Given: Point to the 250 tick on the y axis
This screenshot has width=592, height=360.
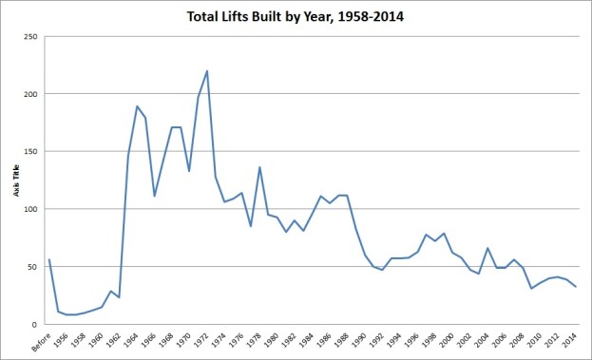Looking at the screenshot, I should pyautogui.click(x=31, y=36).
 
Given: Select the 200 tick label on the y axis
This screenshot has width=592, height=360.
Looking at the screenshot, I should pyautogui.click(x=31, y=94).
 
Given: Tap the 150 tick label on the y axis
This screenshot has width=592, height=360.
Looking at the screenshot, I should pyautogui.click(x=31, y=151).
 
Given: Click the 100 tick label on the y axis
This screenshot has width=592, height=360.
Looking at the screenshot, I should pyautogui.click(x=31, y=209).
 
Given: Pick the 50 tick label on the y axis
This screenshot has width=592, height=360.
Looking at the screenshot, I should pyautogui.click(x=33, y=266).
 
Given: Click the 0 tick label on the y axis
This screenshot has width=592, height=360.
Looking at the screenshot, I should pyautogui.click(x=36, y=324).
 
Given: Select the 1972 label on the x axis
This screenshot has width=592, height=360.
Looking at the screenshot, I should pyautogui.click(x=204, y=339).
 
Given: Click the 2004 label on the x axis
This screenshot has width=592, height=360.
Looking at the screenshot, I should pyautogui.click(x=487, y=339).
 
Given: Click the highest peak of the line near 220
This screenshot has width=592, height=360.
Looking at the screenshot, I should pyautogui.click(x=207, y=71).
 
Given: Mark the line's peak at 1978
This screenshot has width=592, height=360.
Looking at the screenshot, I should pyautogui.click(x=259, y=167).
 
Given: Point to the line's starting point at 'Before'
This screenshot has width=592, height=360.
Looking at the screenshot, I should pyautogui.click(x=48, y=259).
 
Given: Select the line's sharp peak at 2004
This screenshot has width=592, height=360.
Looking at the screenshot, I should pyautogui.click(x=488, y=248).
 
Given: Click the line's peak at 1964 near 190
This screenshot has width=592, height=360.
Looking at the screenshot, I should pyautogui.click(x=137, y=106).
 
